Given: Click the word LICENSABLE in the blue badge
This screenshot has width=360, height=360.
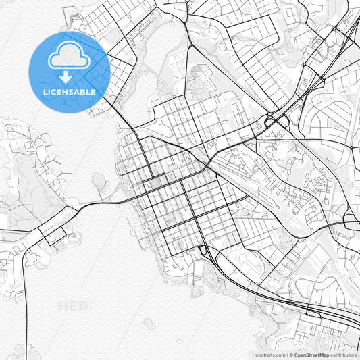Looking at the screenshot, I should pos(69,91).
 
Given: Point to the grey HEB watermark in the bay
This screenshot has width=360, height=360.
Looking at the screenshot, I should pos(73,306).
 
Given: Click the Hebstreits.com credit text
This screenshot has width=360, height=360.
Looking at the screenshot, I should pos(265,355).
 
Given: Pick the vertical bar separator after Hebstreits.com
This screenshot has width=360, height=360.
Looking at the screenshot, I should pos(287,355).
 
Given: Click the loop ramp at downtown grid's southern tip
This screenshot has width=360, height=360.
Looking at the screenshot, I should pos(204,251).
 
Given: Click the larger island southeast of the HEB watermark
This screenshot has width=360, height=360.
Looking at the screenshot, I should pos(150,324).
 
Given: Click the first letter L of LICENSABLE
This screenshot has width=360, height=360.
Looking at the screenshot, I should pos(45,91).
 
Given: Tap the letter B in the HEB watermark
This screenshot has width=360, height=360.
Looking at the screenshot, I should pos(84,306).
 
